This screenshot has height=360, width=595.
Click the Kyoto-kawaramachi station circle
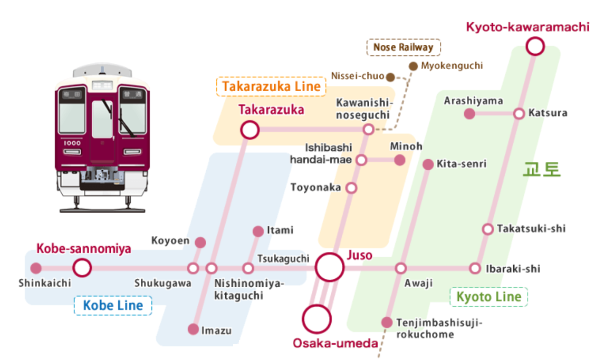point(535,46)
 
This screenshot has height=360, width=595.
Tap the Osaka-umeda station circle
point(316,319)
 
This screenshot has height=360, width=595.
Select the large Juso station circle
point(330,267)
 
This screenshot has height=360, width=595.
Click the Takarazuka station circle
point(249,129)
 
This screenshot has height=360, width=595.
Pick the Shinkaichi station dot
point(36,268)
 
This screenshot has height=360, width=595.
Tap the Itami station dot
point(258,231)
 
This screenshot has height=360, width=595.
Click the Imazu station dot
point(193,329)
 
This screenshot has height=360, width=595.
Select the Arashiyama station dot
point(469,113)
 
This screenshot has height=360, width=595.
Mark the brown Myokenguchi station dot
point(413,66)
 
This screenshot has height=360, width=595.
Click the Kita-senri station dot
point(428,164)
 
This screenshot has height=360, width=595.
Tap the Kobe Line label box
point(112,305)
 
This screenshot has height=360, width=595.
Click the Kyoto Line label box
point(488,297)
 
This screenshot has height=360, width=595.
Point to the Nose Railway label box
point(403,47)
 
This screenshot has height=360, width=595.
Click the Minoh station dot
point(400,160)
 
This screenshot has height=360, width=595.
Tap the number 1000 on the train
point(72,142)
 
